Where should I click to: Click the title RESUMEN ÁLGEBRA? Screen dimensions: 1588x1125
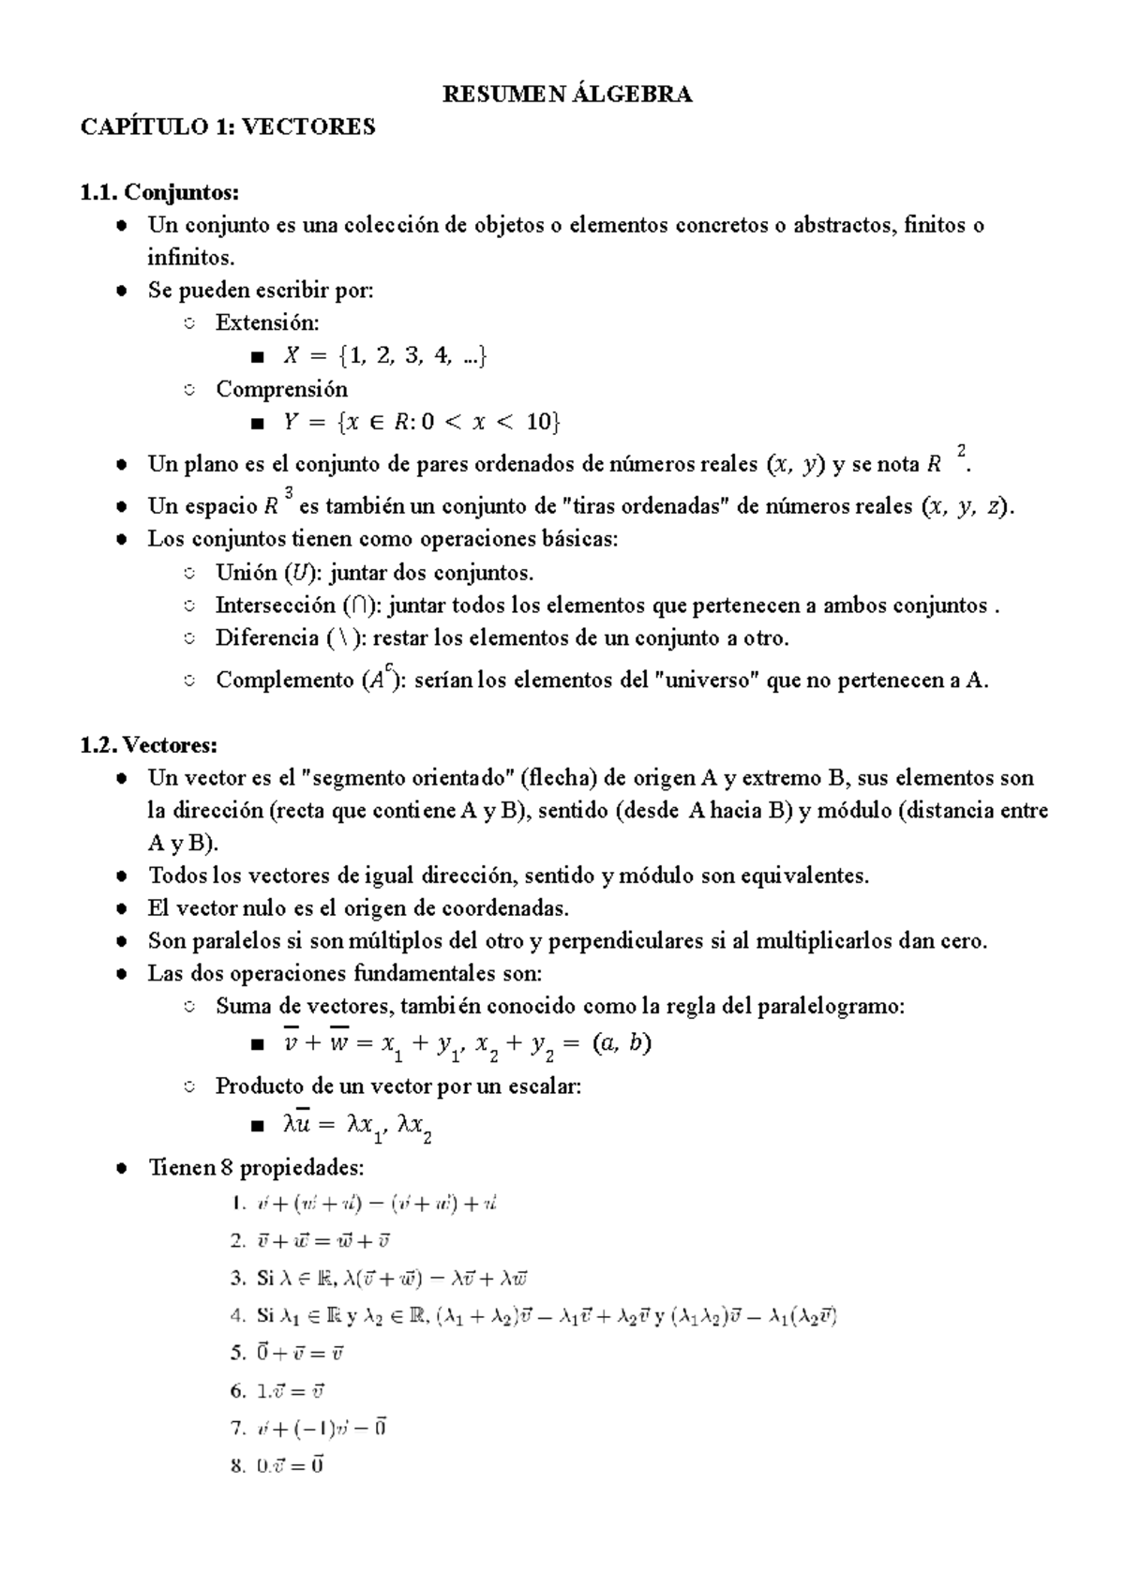(567, 94)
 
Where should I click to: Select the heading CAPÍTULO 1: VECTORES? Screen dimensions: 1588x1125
(228, 127)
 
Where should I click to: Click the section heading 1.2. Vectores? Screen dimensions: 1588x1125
(148, 745)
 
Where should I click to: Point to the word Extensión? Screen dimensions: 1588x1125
(267, 322)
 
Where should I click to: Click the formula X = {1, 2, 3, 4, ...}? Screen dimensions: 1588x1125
(383, 356)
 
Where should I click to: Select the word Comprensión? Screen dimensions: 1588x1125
(281, 388)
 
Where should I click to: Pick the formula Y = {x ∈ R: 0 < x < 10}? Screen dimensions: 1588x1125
(420, 423)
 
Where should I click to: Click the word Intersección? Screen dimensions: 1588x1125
(275, 606)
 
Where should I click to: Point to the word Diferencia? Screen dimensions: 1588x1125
(267, 638)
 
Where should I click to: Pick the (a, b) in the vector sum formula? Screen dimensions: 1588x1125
(622, 1043)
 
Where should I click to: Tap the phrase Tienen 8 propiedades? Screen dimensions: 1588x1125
(255, 1168)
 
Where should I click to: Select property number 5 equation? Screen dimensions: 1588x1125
(299, 1353)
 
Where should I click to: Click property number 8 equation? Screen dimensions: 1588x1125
(290, 1465)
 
